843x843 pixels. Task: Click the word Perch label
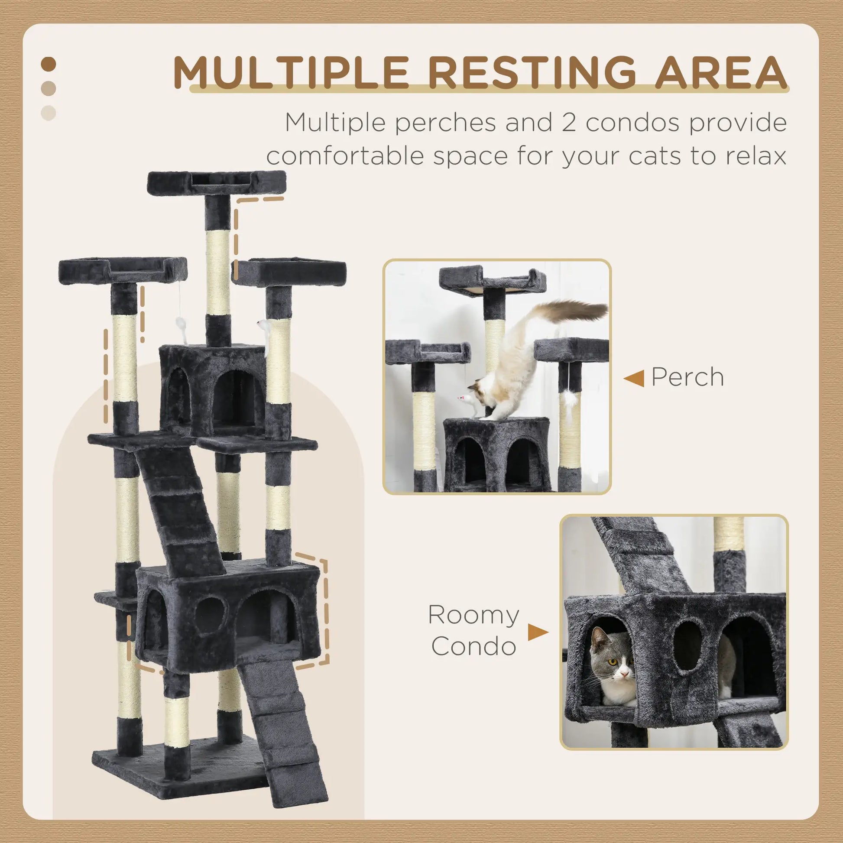point(687,377)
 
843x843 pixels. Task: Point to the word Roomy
point(473,615)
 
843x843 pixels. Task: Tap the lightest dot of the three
point(49,113)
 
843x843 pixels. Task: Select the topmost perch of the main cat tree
point(217,182)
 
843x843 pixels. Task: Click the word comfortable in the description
point(345,156)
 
